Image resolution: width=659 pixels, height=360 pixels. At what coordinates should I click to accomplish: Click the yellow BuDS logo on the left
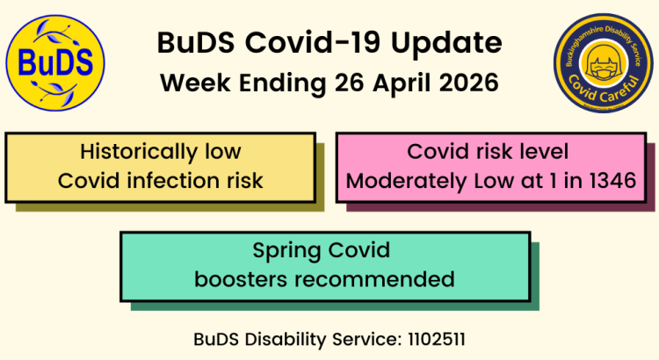(55, 62)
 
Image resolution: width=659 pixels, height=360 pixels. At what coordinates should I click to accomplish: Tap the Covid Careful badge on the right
(602, 62)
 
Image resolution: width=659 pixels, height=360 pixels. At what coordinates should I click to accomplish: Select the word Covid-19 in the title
(302, 43)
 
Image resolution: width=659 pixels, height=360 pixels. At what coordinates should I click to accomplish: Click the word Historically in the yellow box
(136, 151)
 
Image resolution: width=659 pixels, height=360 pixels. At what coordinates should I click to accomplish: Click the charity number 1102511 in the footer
(441, 338)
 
